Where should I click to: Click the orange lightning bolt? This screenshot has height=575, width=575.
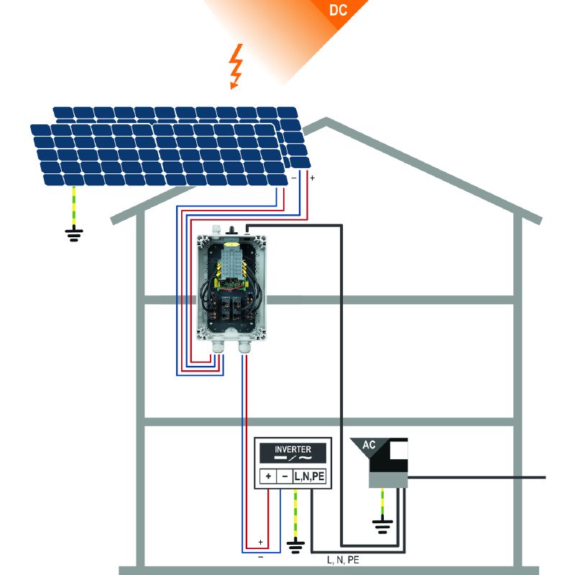[x=234, y=67]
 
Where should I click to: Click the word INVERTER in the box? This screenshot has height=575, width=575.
[x=293, y=449]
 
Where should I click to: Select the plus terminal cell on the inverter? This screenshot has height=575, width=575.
[x=267, y=476]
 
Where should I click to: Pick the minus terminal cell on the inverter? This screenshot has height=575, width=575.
[x=284, y=476]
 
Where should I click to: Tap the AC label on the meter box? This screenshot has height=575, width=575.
[x=369, y=445]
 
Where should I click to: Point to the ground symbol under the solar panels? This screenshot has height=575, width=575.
[x=74, y=234]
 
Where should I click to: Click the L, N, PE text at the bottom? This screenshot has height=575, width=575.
[x=343, y=557]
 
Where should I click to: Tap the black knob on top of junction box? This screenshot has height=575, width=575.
[x=231, y=229]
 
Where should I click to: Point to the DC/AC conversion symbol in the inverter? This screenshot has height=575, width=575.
[x=293, y=459]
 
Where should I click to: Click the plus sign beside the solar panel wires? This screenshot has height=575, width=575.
[x=313, y=177]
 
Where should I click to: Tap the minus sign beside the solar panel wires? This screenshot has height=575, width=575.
[x=293, y=177]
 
